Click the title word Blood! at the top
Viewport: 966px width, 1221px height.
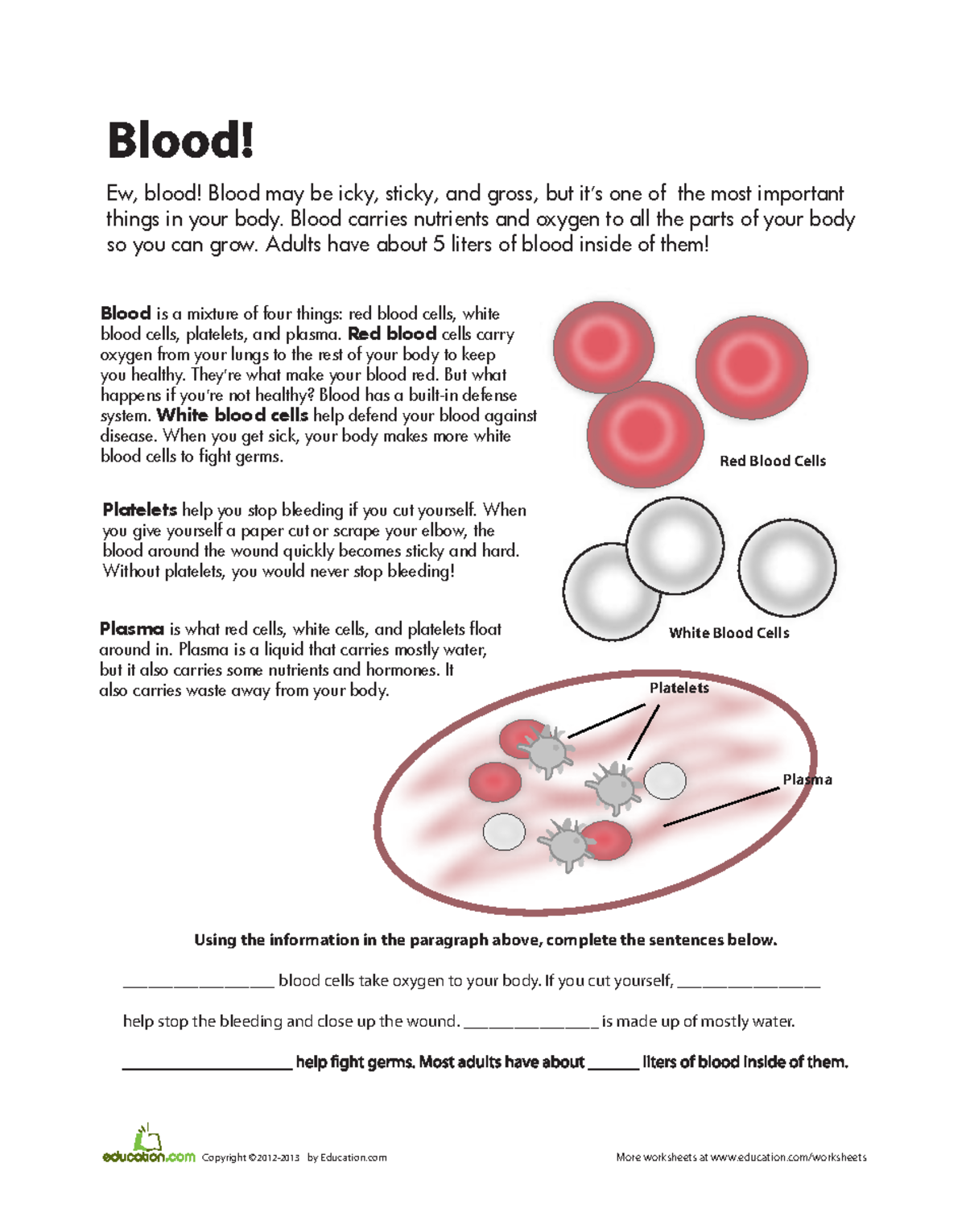(x=180, y=141)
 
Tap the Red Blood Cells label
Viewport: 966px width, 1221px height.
(x=772, y=461)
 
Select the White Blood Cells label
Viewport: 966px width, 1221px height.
(x=729, y=633)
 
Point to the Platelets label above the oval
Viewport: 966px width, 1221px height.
(x=679, y=688)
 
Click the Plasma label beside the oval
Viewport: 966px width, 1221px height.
(x=807, y=780)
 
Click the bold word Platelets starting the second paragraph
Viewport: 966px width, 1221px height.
(x=139, y=510)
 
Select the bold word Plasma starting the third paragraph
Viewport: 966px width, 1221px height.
(x=131, y=629)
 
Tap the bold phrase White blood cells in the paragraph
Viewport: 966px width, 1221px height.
(x=232, y=416)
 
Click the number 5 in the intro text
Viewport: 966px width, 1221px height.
(x=438, y=244)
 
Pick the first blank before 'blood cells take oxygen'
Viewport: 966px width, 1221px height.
(x=198, y=983)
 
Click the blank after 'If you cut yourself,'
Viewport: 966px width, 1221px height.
(x=749, y=983)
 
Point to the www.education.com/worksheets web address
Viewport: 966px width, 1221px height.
(x=788, y=1157)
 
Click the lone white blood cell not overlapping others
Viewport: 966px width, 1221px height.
(x=786, y=567)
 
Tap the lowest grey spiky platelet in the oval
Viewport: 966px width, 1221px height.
(x=568, y=844)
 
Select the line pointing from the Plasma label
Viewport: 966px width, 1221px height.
(x=721, y=807)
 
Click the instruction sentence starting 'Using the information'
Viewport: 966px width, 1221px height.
(x=485, y=940)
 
